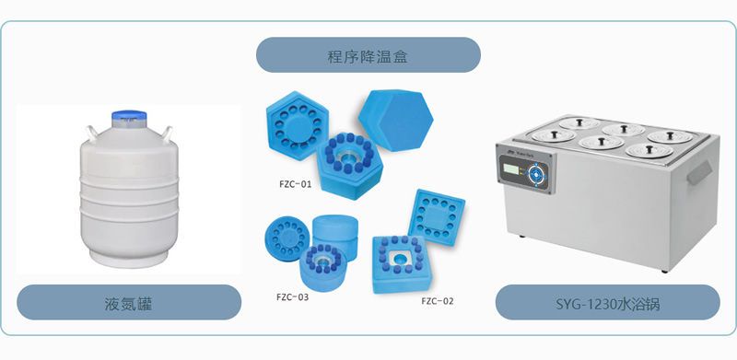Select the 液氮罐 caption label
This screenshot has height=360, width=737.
click(129, 303)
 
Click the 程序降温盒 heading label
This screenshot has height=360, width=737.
click(368, 55)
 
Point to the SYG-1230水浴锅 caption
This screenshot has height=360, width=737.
click(608, 303)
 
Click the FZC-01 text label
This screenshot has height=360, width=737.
click(295, 184)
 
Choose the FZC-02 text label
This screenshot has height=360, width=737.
click(438, 301)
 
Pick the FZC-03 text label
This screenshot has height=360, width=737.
click(293, 297)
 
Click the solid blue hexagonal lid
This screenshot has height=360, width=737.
click(396, 120)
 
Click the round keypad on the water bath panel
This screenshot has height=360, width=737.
click(537, 174)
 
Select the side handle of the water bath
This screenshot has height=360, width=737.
click(699, 172)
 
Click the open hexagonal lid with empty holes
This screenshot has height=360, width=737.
click(297, 126)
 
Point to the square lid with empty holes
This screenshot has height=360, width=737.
click(437, 217)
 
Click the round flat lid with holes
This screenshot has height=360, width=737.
click(287, 238)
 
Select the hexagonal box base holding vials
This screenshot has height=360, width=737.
click(350, 166)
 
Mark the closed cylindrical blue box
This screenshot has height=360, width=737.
click(335, 233)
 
